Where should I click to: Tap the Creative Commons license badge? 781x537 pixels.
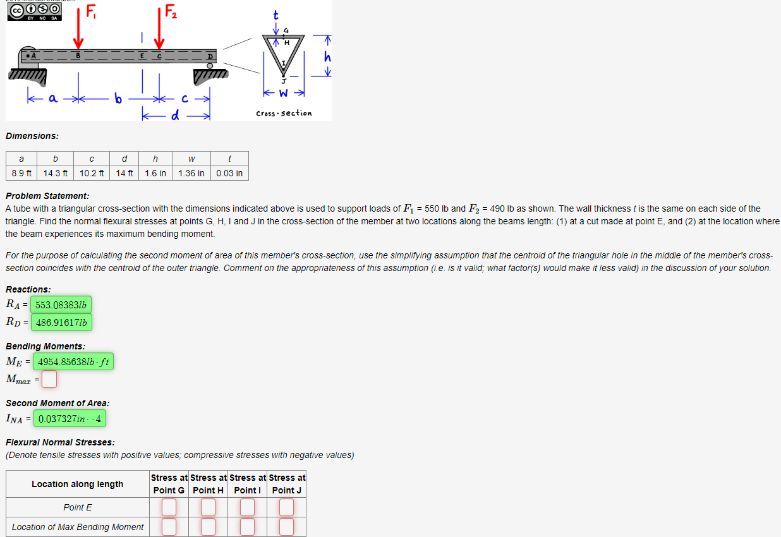coord(34,11)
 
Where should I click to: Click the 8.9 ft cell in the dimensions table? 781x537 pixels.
coord(22,173)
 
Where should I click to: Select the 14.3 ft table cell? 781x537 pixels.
coord(56,173)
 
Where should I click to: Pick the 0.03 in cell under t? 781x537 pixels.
coord(229,173)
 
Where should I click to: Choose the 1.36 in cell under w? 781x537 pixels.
coord(191,173)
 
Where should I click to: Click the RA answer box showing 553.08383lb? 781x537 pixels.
coord(61,305)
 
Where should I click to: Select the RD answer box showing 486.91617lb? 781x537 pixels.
coord(61,322)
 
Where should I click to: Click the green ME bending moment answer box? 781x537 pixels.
coord(73,362)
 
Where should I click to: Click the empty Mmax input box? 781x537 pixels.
coord(50,379)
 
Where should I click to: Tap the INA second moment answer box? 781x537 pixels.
coord(70,418)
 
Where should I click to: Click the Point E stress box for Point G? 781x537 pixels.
coord(169,507)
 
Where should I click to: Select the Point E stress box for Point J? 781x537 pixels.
coord(287,507)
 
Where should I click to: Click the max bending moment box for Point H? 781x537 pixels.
coord(208,526)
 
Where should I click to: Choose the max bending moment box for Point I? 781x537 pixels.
coord(247,526)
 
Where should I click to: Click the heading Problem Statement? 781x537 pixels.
coord(47,196)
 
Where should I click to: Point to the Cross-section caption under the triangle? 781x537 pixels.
coord(284,113)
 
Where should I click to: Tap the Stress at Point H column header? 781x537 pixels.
coord(208,484)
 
